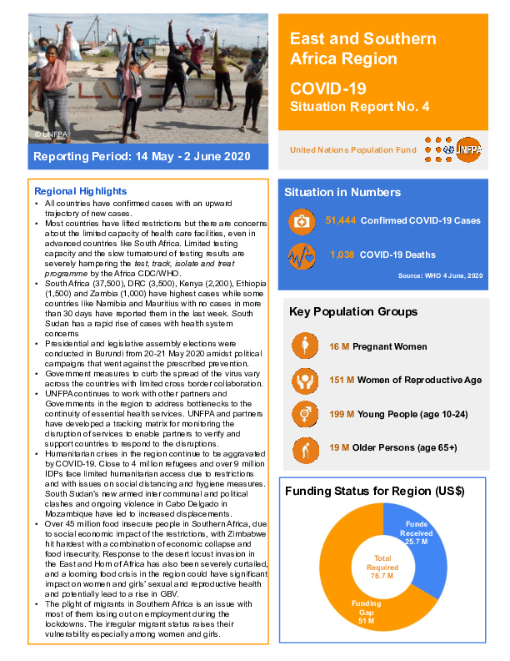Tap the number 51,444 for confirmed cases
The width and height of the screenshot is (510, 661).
point(341,221)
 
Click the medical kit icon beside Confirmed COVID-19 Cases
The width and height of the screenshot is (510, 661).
point(300,222)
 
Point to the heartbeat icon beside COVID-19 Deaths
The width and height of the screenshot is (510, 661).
point(300,255)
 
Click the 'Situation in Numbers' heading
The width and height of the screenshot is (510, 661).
point(342,192)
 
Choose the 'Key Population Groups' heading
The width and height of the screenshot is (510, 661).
point(353,312)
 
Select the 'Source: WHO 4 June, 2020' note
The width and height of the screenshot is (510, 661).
point(440,275)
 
